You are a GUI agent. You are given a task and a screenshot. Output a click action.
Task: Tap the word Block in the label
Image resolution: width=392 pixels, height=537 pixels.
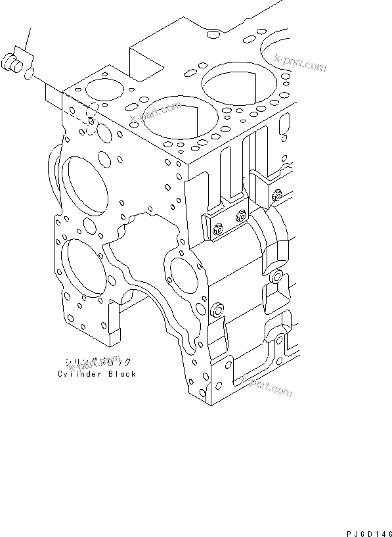(x=121, y=374)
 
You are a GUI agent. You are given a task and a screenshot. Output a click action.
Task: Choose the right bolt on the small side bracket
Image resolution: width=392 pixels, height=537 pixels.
(x=243, y=214)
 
